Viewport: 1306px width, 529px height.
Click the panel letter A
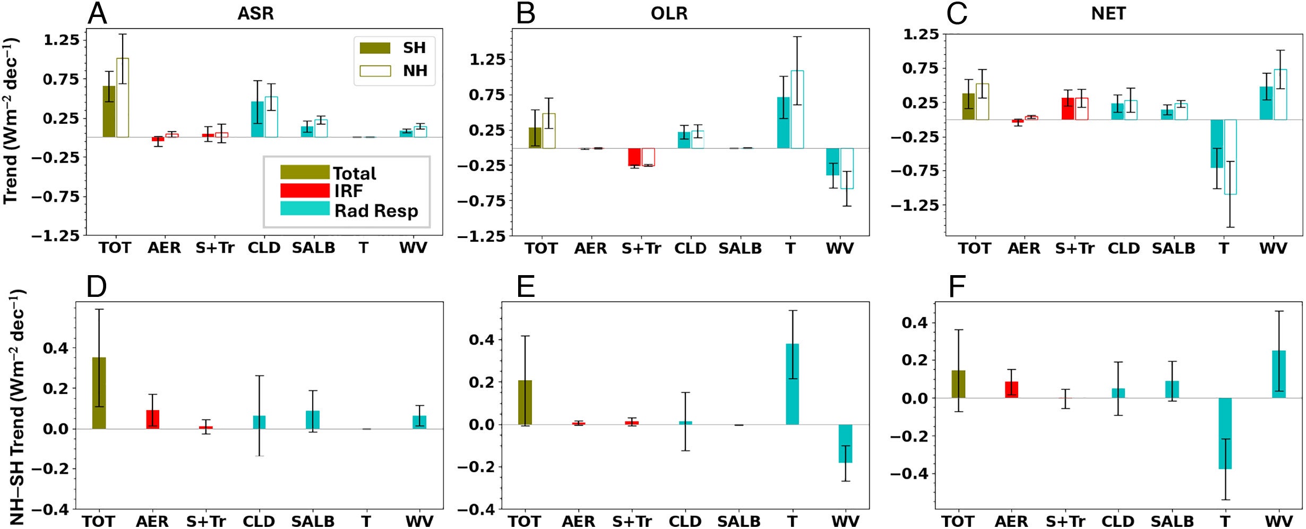click(97, 14)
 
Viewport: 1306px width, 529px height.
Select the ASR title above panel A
click(255, 13)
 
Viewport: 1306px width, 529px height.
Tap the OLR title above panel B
click(669, 13)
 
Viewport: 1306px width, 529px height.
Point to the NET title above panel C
click(1109, 13)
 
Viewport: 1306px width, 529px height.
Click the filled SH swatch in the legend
click(375, 48)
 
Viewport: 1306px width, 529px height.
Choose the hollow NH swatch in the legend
click(375, 71)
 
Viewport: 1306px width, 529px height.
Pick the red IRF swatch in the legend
click(305, 190)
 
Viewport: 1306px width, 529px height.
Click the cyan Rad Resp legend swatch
click(305, 208)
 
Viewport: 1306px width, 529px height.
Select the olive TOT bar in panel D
click(99, 393)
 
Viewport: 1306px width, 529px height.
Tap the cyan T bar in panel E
click(792, 384)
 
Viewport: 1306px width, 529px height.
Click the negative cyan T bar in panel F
click(1225, 433)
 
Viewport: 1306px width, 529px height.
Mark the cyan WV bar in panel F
click(1279, 374)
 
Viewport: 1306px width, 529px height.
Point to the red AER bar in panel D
click(153, 419)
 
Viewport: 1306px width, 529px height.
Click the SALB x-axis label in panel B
click(740, 248)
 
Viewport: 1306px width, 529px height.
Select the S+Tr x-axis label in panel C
click(1075, 248)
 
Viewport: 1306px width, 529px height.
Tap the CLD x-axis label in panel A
click(264, 248)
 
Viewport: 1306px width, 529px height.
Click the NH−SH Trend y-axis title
click(18, 406)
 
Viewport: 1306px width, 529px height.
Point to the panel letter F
click(957, 287)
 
